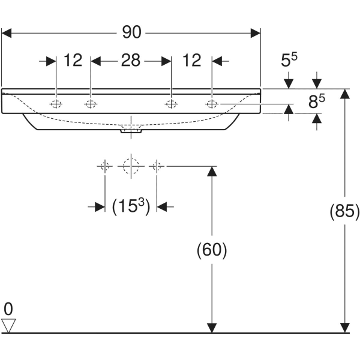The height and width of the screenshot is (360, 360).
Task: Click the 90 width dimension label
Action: point(132,32)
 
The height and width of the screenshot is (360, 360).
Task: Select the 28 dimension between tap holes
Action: point(131,60)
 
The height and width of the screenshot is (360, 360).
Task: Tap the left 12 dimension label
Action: point(73,60)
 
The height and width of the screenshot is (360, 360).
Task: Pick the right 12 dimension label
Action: point(191,60)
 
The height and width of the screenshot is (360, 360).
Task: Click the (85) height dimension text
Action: point(344,211)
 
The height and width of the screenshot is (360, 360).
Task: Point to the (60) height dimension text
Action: point(212,250)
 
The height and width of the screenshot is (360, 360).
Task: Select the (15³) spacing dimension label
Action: point(130,206)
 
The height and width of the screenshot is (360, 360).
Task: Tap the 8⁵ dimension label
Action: point(317,102)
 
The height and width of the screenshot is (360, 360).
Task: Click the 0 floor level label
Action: point(8,310)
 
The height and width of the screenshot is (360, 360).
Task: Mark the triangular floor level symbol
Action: point(8,326)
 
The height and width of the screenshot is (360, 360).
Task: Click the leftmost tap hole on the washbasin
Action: point(56,104)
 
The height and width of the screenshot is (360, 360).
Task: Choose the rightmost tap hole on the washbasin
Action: point(212,104)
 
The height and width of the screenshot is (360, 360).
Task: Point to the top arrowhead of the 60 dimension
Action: point(212,170)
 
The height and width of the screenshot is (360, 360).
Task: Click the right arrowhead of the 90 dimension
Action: point(256,32)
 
